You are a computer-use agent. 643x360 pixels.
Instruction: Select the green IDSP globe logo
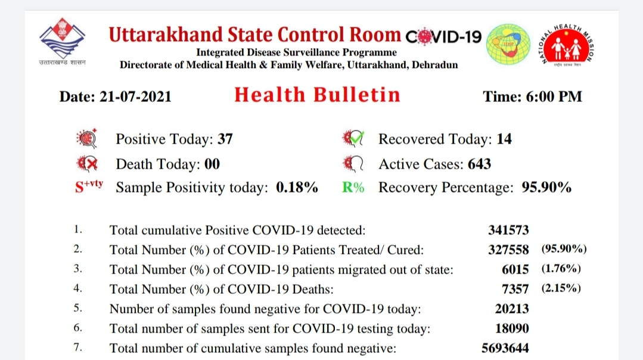508,44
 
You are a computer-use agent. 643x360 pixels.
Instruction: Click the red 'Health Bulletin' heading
317,95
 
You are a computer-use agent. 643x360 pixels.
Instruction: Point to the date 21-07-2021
135,97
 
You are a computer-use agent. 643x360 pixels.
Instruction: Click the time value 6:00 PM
554,97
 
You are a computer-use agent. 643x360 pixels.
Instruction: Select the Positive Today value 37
225,139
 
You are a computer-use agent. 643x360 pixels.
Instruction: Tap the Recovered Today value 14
504,139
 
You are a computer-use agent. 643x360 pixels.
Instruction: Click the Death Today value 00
212,164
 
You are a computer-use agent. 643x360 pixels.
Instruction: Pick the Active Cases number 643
479,164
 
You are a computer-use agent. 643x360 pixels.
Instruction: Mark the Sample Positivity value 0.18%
297,187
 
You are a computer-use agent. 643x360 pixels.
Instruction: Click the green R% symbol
353,187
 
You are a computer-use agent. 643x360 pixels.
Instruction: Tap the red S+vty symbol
89,186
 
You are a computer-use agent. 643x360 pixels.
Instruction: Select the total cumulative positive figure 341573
508,230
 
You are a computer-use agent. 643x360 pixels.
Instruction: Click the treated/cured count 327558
508,250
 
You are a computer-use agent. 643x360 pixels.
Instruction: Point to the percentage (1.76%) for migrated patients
561,269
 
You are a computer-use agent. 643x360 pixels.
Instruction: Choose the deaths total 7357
515,289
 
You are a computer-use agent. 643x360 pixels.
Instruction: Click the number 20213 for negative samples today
512,309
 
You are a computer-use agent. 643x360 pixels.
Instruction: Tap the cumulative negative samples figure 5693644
505,348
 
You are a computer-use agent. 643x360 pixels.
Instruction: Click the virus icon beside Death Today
86,164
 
